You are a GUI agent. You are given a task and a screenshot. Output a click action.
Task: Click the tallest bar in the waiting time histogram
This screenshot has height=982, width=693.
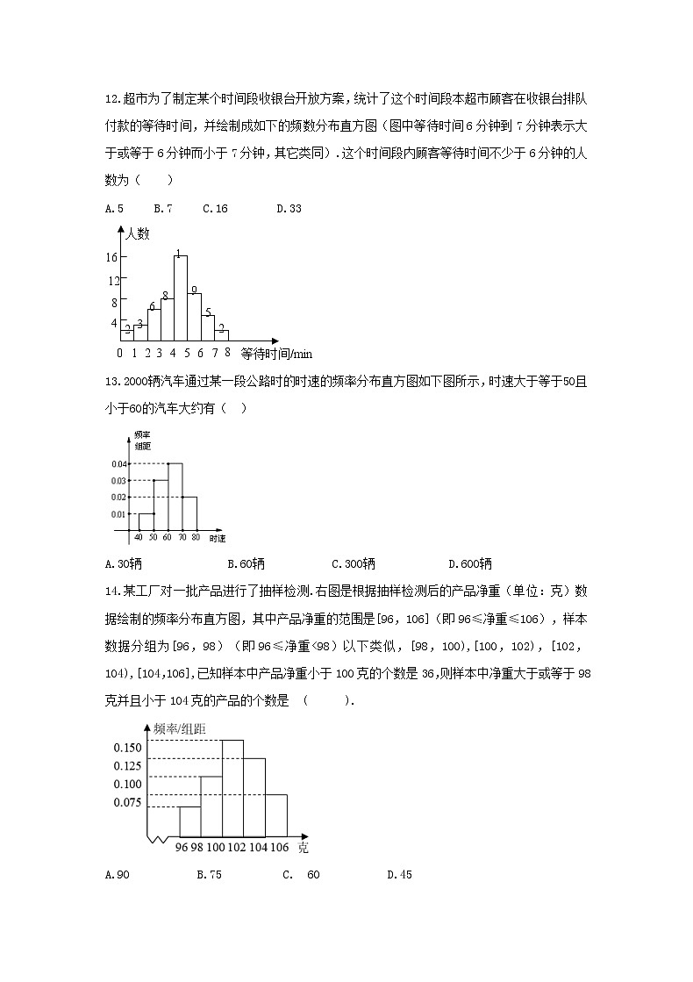click(180, 298)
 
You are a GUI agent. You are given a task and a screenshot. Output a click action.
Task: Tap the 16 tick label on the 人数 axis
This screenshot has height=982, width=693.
click(111, 257)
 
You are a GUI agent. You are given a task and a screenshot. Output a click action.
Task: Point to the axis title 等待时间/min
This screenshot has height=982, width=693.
click(275, 354)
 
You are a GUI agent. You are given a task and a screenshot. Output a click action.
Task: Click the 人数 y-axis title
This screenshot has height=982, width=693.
click(138, 234)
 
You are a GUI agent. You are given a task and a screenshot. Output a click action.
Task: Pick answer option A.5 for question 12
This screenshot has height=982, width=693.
click(114, 209)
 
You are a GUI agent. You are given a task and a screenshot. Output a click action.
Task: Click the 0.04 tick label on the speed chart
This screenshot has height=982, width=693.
click(119, 464)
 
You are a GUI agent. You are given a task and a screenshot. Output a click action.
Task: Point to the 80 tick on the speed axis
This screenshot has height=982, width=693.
click(196, 536)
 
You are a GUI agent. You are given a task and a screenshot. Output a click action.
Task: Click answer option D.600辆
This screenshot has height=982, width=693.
click(470, 563)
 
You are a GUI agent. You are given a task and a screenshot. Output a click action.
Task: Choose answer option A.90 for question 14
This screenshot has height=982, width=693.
click(117, 874)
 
